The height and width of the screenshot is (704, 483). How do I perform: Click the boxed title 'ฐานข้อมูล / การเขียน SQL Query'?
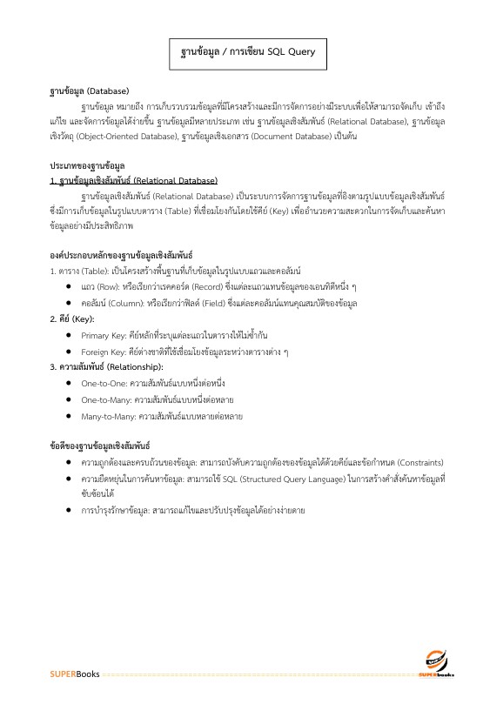(241, 52)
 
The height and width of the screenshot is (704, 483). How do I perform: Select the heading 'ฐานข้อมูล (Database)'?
(89, 91)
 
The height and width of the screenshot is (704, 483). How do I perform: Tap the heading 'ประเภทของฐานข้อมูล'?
(87, 165)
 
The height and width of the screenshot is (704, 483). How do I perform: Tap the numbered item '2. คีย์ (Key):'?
(72, 318)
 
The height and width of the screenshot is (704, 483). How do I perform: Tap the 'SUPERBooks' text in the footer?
(74, 674)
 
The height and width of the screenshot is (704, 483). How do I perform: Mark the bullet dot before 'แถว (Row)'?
(69, 286)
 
